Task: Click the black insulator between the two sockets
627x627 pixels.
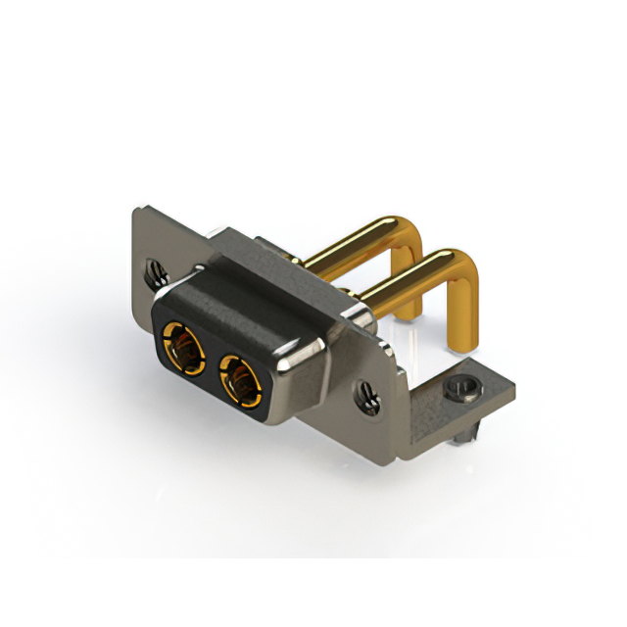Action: pyautogui.click(x=210, y=362)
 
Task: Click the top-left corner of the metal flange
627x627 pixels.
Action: pyautogui.click(x=137, y=208)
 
